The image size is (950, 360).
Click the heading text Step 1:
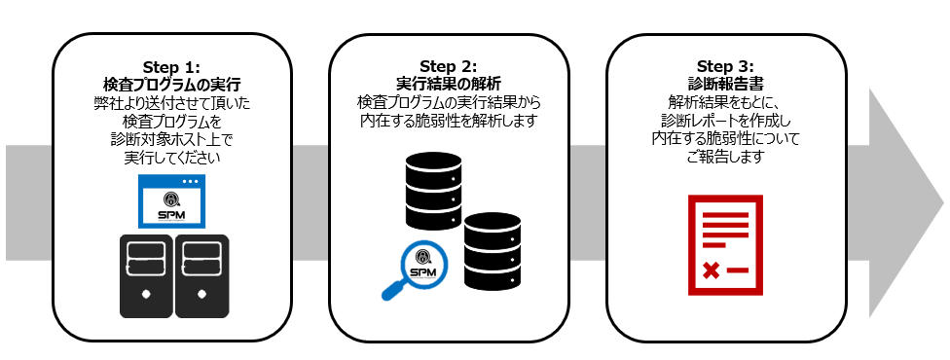tap(171, 66)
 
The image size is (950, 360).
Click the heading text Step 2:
tap(449, 66)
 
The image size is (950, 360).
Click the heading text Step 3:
tap(725, 66)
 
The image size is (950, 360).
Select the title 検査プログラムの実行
tap(171, 84)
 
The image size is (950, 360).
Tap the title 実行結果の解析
tap(449, 84)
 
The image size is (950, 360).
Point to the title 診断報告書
tap(725, 84)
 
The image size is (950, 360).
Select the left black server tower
tap(146, 276)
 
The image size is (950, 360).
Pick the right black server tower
tap(201, 276)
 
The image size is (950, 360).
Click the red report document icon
tap(725, 244)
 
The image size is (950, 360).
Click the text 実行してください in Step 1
tap(171, 156)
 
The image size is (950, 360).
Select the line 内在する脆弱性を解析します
tap(449, 120)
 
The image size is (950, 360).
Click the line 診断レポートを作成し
tap(725, 120)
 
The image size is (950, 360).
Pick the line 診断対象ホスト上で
tap(171, 138)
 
